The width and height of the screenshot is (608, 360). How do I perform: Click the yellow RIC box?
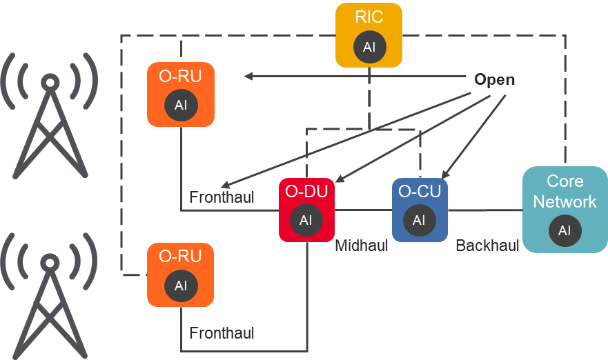(369, 34)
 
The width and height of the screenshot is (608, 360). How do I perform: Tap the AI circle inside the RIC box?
(369, 47)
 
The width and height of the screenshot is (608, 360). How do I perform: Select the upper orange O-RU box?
(181, 94)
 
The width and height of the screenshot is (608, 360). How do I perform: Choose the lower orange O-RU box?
(181, 274)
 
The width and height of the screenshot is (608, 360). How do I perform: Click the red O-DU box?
(306, 210)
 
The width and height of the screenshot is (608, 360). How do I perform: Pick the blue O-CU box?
(420, 210)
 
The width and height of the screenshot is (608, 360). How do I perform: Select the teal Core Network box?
(565, 209)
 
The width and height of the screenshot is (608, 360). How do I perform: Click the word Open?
(494, 80)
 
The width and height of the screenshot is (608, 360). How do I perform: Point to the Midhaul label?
(362, 246)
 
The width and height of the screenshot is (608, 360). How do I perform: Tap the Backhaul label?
(487, 246)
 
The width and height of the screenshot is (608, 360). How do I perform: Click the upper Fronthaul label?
(222, 198)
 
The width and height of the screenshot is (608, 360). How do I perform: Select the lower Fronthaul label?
(222, 334)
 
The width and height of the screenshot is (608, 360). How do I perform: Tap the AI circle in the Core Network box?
(565, 230)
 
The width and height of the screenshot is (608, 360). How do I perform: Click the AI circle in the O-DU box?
(306, 221)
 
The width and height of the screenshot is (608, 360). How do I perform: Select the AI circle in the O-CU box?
(419, 221)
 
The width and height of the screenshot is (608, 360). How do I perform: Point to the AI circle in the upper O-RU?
(181, 106)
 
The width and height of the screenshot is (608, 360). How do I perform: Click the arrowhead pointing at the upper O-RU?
(248, 76)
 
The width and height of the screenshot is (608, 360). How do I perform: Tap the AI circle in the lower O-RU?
(181, 286)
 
